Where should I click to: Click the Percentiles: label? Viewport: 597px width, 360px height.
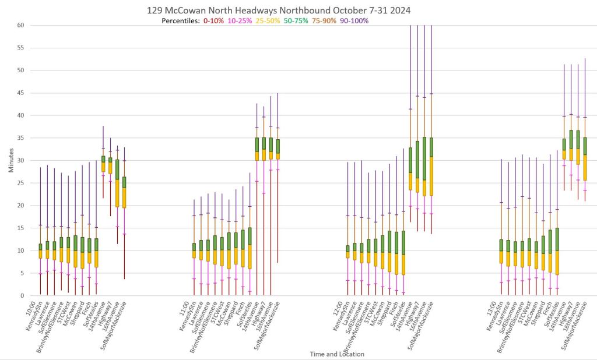(x=181, y=21)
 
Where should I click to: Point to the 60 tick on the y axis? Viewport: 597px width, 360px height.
(x=20, y=25)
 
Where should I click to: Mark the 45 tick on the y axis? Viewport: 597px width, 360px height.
(x=20, y=93)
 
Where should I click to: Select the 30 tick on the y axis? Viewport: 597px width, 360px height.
(x=20, y=160)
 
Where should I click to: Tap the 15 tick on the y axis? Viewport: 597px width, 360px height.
(x=20, y=228)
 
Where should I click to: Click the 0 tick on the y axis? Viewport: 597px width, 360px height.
(x=22, y=295)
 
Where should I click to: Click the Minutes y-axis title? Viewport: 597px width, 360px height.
(x=12, y=160)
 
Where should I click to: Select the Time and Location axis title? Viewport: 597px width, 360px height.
(x=317, y=354)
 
